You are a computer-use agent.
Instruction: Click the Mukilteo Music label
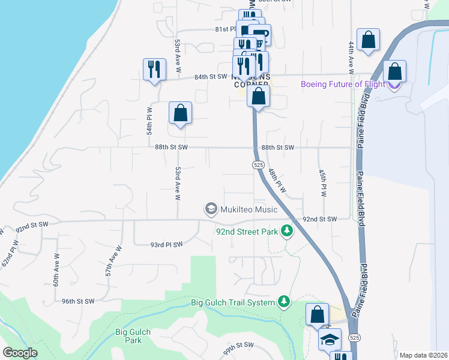pyautogui.click(x=250, y=209)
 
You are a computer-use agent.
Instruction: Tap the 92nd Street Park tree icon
pyautogui.click(x=288, y=231)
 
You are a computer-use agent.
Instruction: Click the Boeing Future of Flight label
pyautogui.click(x=343, y=84)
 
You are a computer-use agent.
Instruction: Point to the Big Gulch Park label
pyautogui.click(x=133, y=336)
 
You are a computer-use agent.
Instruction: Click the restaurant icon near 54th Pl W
pyautogui.click(x=154, y=70)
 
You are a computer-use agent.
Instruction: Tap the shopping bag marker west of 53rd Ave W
pyautogui.click(x=180, y=112)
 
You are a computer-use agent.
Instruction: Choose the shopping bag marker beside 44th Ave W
pyautogui.click(x=369, y=40)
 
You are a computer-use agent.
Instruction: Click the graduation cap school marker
pyautogui.click(x=330, y=340)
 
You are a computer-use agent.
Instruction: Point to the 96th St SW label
pyautogui.click(x=78, y=301)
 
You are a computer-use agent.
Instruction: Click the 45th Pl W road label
pyautogui.click(x=323, y=183)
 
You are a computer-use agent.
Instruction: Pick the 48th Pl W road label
pyautogui.click(x=277, y=180)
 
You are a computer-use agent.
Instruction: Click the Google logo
pyautogui.click(x=20, y=353)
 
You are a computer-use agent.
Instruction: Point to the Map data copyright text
pyautogui.click(x=423, y=355)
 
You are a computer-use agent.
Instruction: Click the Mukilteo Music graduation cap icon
pyautogui.click(x=211, y=209)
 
